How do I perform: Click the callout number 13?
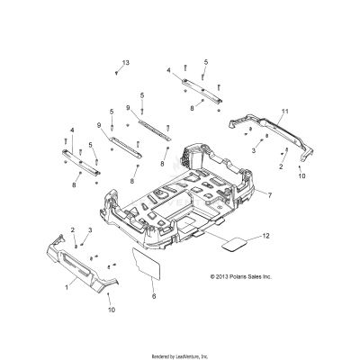coord(126,62)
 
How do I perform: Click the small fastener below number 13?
coord(118,76)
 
